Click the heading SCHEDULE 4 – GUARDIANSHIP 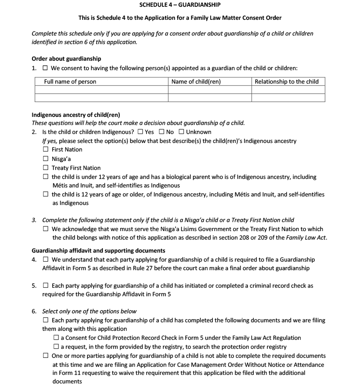[180, 4]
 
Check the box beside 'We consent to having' [45, 68]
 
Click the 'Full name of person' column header [70, 81]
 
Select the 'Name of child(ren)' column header [196, 81]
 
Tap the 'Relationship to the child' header [287, 81]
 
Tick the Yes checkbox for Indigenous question [141, 132]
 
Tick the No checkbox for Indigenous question [162, 132]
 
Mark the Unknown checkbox [181, 132]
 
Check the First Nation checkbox [46, 150]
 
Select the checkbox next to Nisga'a [46, 159]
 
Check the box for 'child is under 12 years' [46, 177]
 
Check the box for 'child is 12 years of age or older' [46, 195]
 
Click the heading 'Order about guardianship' [66, 58]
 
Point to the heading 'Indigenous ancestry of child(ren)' [76, 115]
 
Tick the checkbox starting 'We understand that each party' [46, 260]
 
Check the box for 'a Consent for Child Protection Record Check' [56, 338]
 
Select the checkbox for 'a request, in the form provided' [56, 347]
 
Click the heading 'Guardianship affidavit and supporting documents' [99, 250]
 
